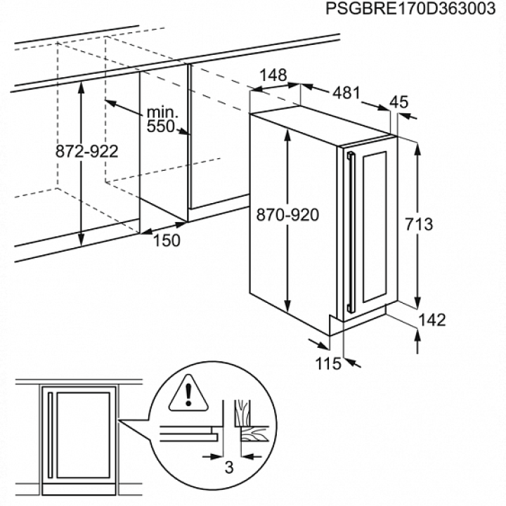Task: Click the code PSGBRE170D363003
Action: tap(410, 8)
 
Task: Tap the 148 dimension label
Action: tap(273, 75)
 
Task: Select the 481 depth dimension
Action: tap(346, 93)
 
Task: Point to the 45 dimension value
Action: tap(399, 102)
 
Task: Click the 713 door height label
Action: tap(419, 224)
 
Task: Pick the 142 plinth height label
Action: tap(432, 320)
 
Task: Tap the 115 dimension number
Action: tap(328, 364)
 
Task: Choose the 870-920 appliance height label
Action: tap(287, 214)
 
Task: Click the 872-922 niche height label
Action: tap(87, 151)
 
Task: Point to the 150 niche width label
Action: tap(167, 240)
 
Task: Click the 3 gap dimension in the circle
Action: tap(229, 467)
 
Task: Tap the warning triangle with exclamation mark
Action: tap(188, 393)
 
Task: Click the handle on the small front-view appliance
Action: tap(50, 435)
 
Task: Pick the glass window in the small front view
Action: tap(83, 435)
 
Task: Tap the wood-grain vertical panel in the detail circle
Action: tap(242, 413)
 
